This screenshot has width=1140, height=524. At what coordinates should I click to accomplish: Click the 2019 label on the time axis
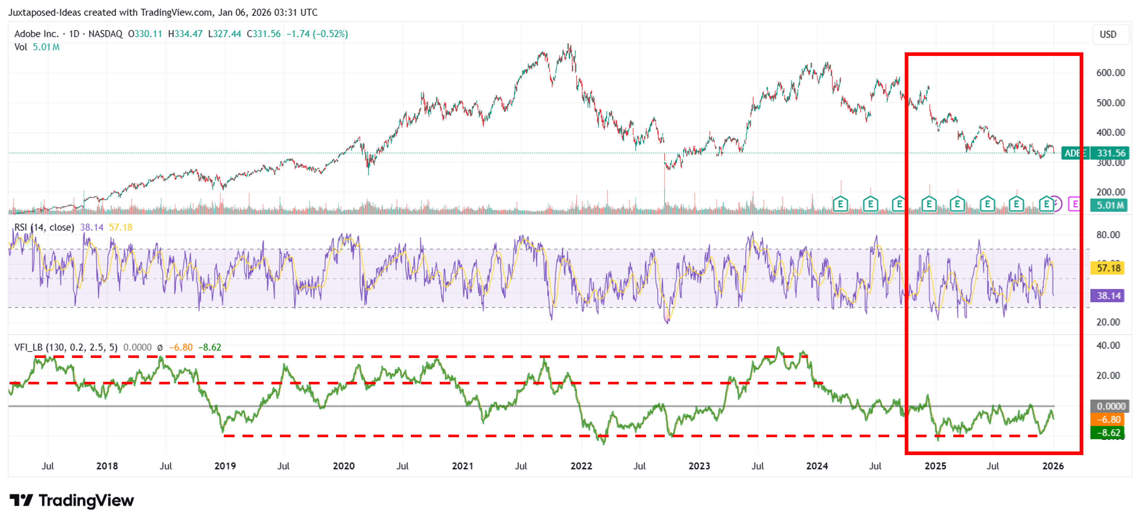pyautogui.click(x=225, y=466)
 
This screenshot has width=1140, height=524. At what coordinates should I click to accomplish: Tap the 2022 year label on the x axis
pyautogui.click(x=581, y=466)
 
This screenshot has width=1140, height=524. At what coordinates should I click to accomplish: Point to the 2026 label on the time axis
pyautogui.click(x=1053, y=466)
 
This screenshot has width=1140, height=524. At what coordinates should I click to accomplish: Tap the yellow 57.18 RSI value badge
pyautogui.click(x=1108, y=268)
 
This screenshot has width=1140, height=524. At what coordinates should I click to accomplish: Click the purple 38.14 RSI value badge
pyautogui.click(x=1108, y=296)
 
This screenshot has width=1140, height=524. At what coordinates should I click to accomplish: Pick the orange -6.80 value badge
pyautogui.click(x=1108, y=420)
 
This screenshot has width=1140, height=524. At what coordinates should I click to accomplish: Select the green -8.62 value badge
pyautogui.click(x=1108, y=433)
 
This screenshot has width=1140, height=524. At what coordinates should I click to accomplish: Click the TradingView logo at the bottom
pyautogui.click(x=72, y=500)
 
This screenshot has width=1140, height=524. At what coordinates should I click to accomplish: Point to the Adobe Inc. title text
pyautogui.click(x=36, y=34)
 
